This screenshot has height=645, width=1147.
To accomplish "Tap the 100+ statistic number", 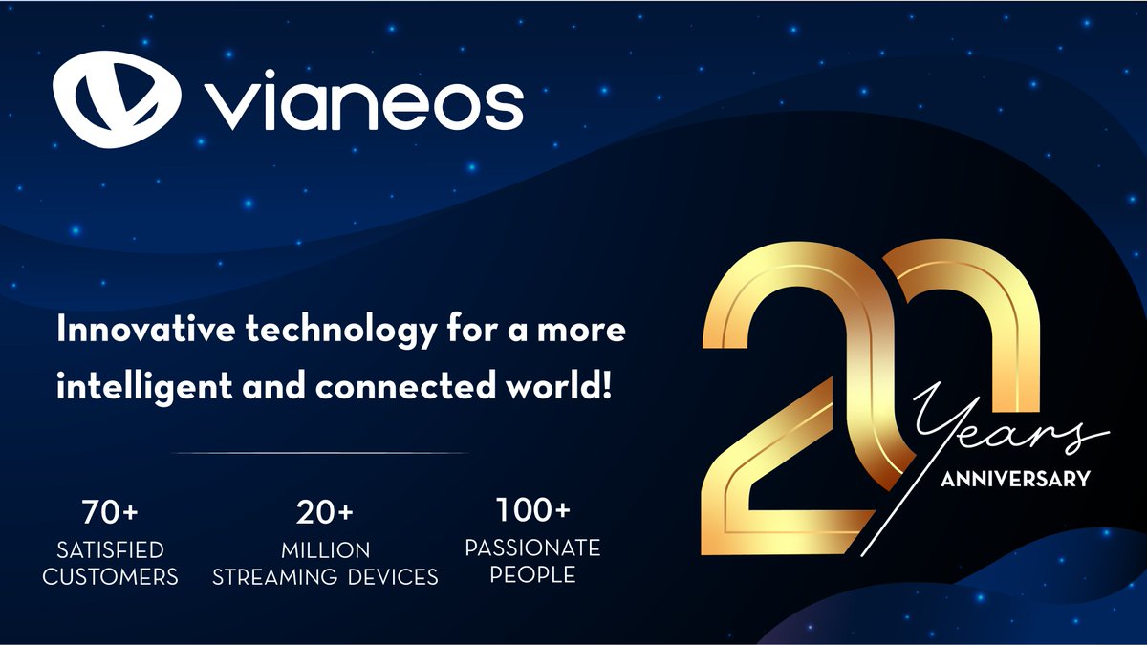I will [532, 510].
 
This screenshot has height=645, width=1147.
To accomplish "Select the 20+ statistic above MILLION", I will [325, 514].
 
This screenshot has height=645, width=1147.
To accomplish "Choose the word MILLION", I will [325, 550].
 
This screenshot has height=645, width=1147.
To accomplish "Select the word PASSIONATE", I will [532, 548].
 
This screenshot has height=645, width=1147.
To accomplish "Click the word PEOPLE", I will [533, 574].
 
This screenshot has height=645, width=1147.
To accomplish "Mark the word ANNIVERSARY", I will [1015, 479].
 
